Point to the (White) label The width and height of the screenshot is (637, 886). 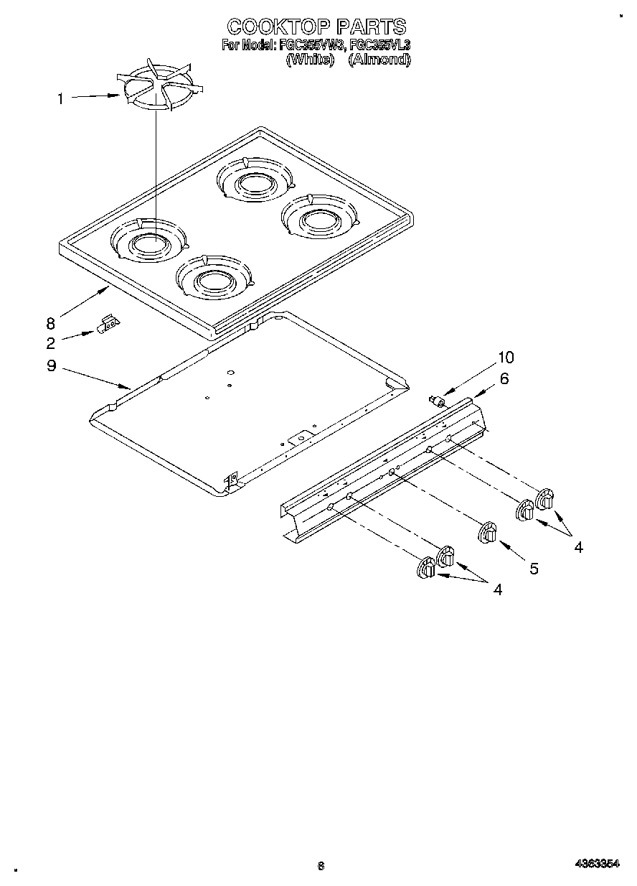tap(311, 60)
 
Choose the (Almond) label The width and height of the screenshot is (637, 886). tap(379, 60)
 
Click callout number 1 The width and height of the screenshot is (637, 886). tap(60, 99)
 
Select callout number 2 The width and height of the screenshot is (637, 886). tap(51, 342)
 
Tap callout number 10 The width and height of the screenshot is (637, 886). tap(506, 358)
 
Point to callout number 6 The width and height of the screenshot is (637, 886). tap(504, 378)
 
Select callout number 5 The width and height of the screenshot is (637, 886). tap(534, 569)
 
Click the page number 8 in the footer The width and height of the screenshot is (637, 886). tap(321, 867)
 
